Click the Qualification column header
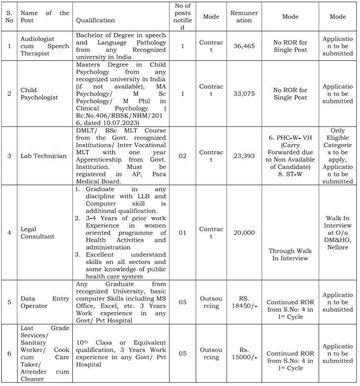95,20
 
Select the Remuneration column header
244,17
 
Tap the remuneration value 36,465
244,46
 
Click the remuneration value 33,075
244,94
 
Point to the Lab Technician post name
44,156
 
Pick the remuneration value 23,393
244,156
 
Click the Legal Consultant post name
38,233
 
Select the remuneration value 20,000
244,233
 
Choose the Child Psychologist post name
39,94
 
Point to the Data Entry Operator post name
45,302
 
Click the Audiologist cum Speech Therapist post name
45,46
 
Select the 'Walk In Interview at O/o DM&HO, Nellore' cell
338,233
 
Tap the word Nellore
338,247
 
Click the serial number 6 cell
9,353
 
